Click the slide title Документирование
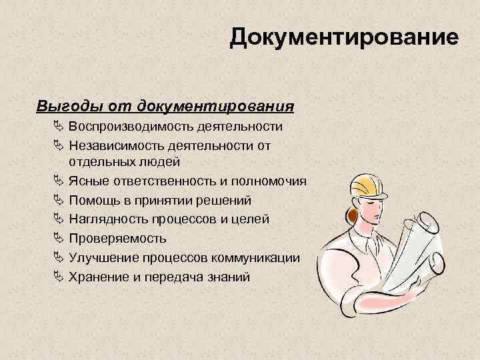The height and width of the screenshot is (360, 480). point(344,37)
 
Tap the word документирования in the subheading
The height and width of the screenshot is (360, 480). point(215,106)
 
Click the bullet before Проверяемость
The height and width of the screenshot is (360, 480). point(58,238)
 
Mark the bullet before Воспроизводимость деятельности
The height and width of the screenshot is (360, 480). point(58,127)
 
